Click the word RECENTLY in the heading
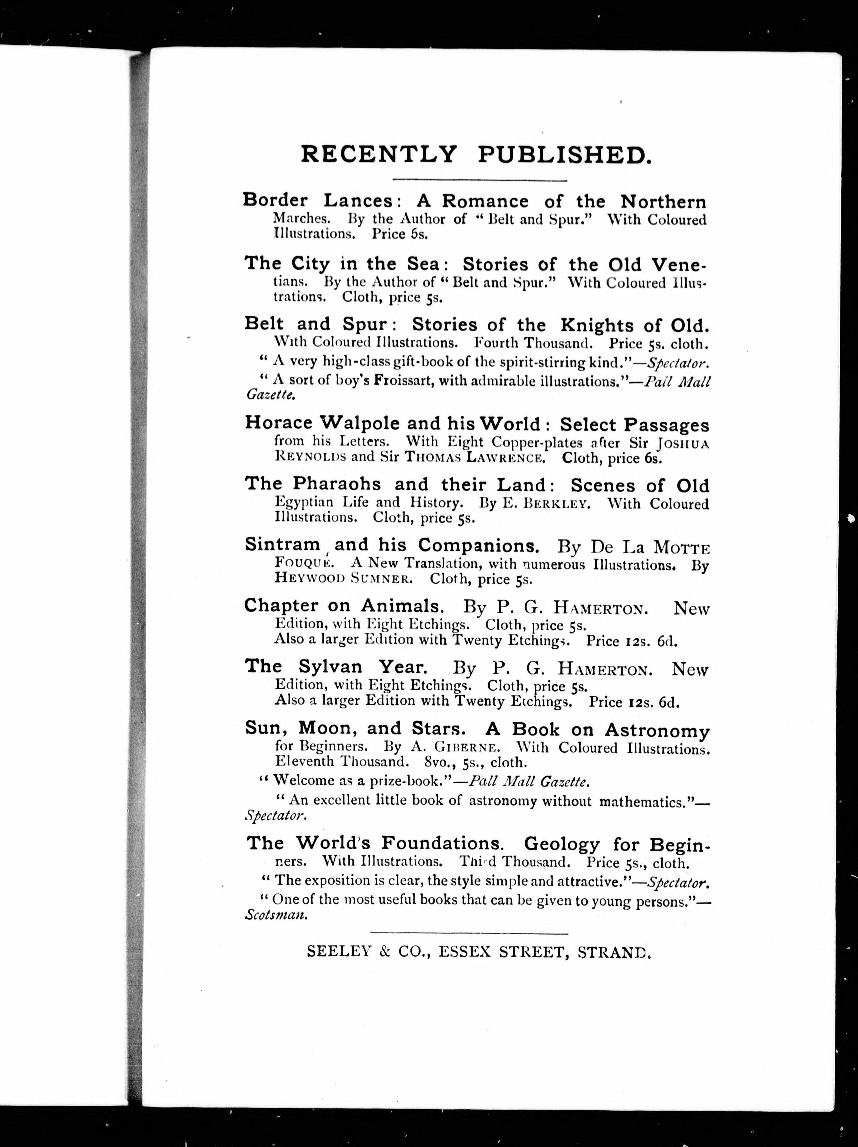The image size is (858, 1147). click(x=379, y=155)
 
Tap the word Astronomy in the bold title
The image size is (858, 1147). click(x=657, y=731)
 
